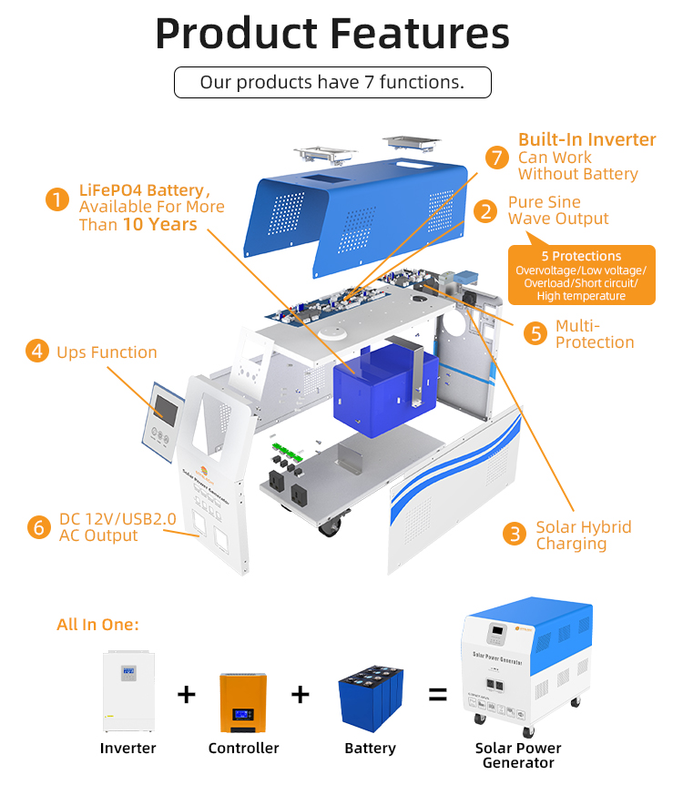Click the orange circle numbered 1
pos(58,199)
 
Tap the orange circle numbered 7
pos(496,158)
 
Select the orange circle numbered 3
pos(515,535)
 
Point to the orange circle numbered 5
pos(535,333)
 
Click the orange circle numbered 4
pos(36,352)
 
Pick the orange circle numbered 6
pos(37,527)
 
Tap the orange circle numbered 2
pos(487,211)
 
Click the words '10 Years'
pos(160,224)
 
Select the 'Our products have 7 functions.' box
pos(332,82)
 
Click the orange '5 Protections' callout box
pos(581,274)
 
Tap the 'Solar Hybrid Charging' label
pos(583,535)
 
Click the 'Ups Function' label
pos(107,352)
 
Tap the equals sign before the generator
pos(438,695)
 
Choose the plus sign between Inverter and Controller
pos(186,695)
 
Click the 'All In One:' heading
pos(97,625)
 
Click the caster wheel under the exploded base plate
pos(329,525)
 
